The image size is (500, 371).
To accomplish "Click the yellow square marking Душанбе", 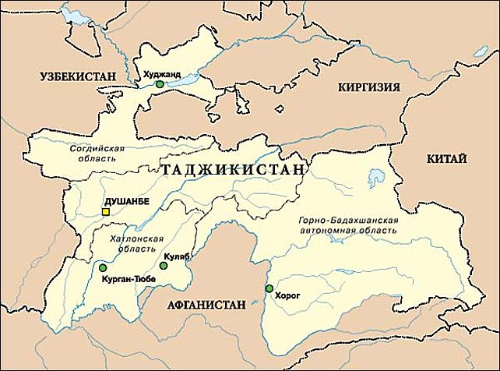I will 105,210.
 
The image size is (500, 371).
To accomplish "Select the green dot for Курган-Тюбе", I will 103,267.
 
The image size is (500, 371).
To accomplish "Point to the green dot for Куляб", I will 164,266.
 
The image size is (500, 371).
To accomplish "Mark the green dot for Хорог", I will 269,289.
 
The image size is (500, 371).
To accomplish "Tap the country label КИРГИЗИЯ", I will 366,87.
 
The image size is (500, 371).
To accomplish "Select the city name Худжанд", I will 162,74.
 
